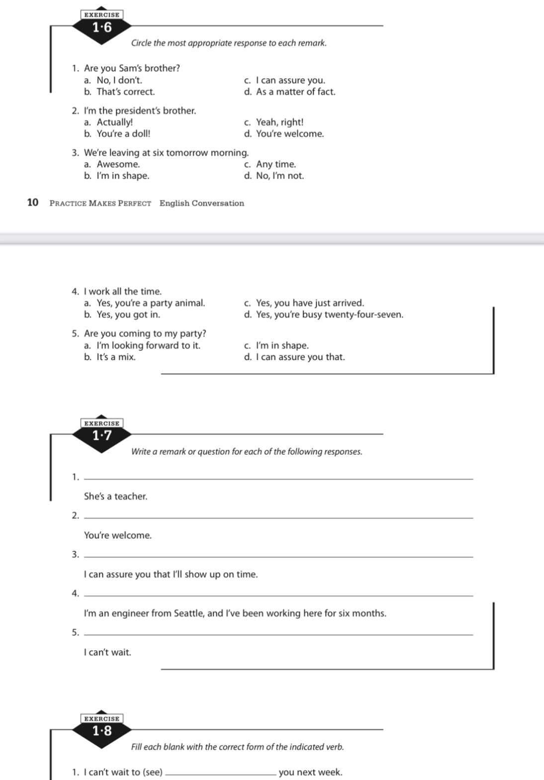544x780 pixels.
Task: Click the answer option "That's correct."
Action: pyautogui.click(x=125, y=92)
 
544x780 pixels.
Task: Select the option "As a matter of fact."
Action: pyautogui.click(x=295, y=92)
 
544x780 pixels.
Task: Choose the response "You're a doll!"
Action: pyautogui.click(x=123, y=134)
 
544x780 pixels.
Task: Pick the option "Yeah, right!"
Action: pyautogui.click(x=279, y=122)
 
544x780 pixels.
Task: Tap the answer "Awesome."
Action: pyautogui.click(x=118, y=164)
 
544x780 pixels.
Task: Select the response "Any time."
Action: pyautogui.click(x=275, y=164)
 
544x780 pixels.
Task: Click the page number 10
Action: pyautogui.click(x=33, y=202)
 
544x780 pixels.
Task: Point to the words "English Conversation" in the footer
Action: pyautogui.click(x=201, y=203)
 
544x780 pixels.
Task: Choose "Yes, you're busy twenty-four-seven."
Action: pyautogui.click(x=329, y=315)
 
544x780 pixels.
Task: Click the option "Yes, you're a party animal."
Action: pyautogui.click(x=151, y=303)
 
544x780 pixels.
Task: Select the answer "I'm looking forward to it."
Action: pyautogui.click(x=148, y=346)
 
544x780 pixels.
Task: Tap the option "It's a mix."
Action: pyautogui.click(x=116, y=357)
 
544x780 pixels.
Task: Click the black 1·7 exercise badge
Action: pyautogui.click(x=102, y=436)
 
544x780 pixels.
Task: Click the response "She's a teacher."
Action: pyautogui.click(x=115, y=496)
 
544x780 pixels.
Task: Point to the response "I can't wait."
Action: pyautogui.click(x=107, y=652)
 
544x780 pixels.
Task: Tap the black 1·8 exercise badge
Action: pyautogui.click(x=102, y=731)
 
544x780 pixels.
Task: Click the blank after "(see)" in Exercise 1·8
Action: pyautogui.click(x=220, y=772)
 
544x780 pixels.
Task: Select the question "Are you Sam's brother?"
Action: pyautogui.click(x=132, y=69)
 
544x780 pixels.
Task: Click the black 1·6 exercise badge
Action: pyautogui.click(x=102, y=28)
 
